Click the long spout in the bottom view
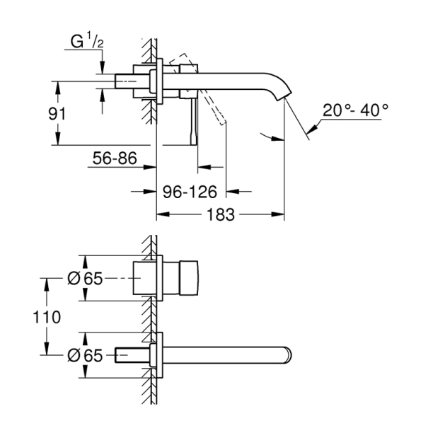(x=226, y=354)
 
